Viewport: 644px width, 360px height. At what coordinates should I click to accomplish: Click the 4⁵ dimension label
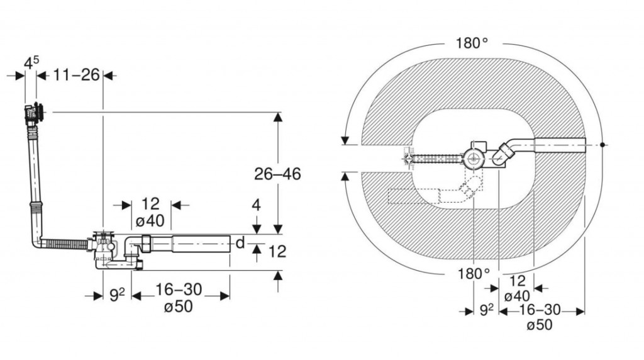[31, 62]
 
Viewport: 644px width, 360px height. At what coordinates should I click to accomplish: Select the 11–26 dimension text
[76, 75]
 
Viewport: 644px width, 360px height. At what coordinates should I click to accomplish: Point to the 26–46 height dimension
[277, 174]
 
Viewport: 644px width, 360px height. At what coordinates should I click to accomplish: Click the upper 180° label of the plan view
[472, 43]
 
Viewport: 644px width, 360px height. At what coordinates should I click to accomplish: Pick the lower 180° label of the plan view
[474, 273]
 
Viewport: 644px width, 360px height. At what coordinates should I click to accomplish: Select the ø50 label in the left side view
[178, 307]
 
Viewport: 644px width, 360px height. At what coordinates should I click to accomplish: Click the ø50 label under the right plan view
[540, 325]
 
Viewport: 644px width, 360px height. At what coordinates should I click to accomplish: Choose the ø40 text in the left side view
[150, 221]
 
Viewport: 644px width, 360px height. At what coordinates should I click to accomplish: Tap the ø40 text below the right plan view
[517, 296]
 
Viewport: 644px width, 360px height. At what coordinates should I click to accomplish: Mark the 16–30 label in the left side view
[178, 290]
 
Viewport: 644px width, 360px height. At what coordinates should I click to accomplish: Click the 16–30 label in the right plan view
[540, 310]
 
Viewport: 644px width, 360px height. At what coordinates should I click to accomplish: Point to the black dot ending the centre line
[602, 145]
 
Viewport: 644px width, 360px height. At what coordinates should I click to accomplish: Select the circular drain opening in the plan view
[474, 157]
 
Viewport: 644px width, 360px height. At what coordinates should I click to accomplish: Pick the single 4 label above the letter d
[257, 205]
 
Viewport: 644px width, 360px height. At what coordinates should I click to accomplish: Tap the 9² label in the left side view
[117, 295]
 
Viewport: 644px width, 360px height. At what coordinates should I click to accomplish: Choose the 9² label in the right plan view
[486, 310]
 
